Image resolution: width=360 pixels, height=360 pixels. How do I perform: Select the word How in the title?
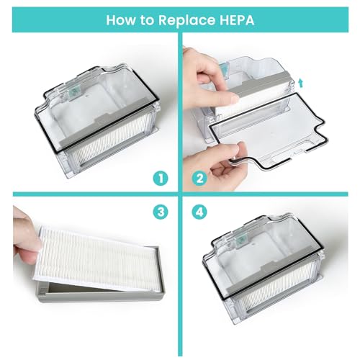122,19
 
